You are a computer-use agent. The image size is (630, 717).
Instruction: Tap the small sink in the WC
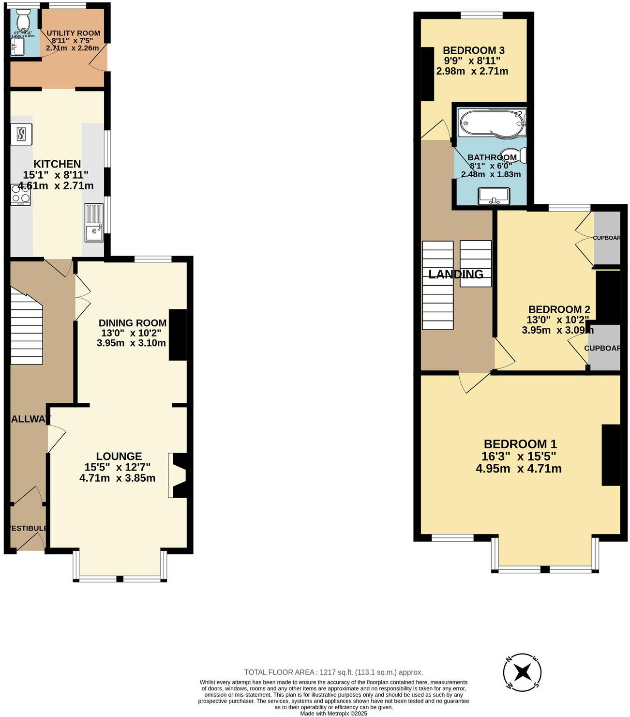point(17,47)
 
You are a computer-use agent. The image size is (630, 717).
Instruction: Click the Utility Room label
point(73,33)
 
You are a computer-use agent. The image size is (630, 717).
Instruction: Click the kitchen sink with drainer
point(94,223)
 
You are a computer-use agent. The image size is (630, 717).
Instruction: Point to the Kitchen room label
point(57,164)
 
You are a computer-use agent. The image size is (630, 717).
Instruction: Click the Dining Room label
point(132,323)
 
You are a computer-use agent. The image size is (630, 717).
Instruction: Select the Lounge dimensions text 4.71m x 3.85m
point(117,478)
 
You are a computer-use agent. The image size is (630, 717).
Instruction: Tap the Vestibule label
point(28,528)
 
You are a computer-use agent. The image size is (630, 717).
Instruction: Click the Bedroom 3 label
point(473,50)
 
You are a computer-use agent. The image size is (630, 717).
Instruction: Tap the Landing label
point(455,275)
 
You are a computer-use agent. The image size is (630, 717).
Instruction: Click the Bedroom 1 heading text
point(520,444)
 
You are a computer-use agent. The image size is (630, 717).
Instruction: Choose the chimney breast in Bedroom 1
point(611,455)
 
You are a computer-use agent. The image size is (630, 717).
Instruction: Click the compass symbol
point(522,672)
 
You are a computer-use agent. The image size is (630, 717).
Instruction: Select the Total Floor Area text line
point(333,672)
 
